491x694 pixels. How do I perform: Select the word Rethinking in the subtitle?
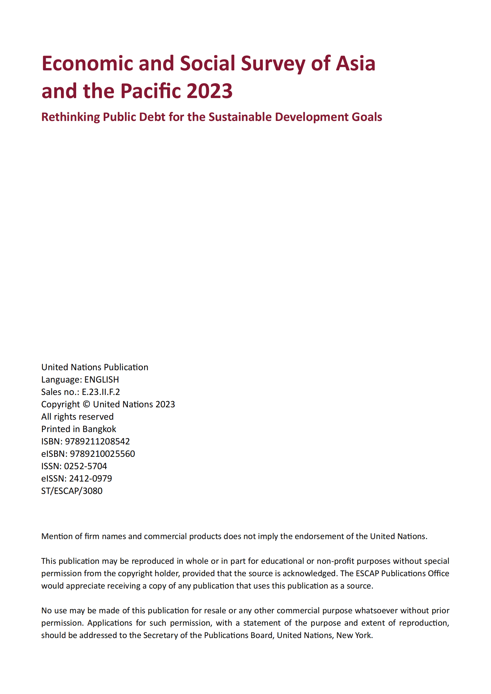coord(71,117)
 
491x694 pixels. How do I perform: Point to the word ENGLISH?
coord(102,379)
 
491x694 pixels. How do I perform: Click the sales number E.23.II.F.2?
coord(101,392)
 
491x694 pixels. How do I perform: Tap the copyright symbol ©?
coord(86,405)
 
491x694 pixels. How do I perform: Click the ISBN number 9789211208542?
coord(97,441)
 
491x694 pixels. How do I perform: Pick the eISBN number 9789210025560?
coord(102,454)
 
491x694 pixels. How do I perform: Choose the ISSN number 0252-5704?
coord(85,466)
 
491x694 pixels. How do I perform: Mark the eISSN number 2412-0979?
coord(90,478)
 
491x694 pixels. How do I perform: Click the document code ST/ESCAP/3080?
coord(72,491)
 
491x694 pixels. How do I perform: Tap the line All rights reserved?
coord(77,417)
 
